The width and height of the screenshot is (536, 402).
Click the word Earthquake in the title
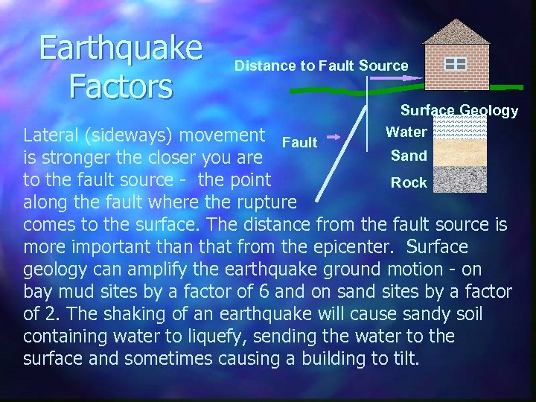(x=121, y=48)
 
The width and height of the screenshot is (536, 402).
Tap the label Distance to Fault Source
(x=322, y=66)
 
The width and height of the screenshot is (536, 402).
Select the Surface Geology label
(x=459, y=111)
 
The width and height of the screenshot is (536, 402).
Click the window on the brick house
(x=455, y=64)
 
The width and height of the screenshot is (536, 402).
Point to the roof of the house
(x=456, y=31)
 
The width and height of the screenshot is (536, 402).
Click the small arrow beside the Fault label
(x=334, y=137)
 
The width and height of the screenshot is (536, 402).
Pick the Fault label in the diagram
(x=300, y=142)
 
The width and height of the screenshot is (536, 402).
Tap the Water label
(x=406, y=133)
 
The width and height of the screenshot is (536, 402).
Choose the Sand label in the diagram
(x=409, y=156)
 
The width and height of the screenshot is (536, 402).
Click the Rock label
(x=409, y=182)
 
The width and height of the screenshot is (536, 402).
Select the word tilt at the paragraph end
(x=402, y=359)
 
